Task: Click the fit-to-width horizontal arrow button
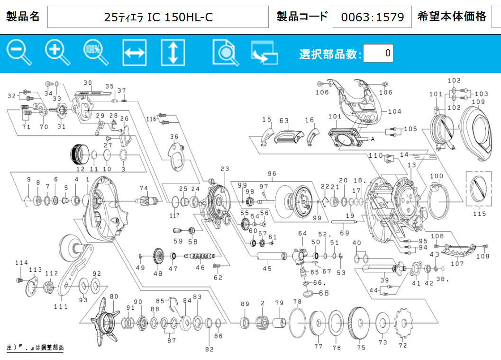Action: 135,53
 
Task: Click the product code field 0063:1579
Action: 372,17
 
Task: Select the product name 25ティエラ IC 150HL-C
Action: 158,17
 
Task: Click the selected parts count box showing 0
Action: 378,53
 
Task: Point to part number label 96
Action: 272,174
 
